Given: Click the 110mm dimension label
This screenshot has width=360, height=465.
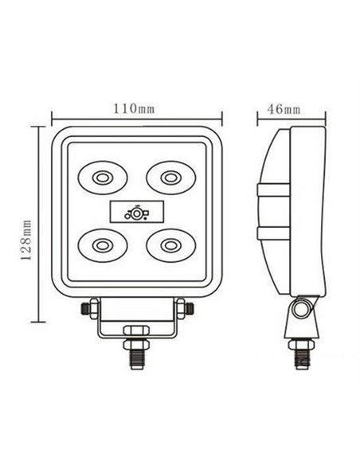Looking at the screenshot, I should pyautogui.click(x=135, y=109).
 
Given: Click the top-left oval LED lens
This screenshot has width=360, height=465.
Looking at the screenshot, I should pyautogui.click(x=102, y=177).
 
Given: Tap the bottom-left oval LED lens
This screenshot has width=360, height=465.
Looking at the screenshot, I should pyautogui.click(x=102, y=244).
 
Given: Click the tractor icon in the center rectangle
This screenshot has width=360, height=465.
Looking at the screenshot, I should pyautogui.click(x=135, y=211).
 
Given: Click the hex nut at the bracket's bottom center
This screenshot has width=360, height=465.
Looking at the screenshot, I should pyautogui.click(x=135, y=330).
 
